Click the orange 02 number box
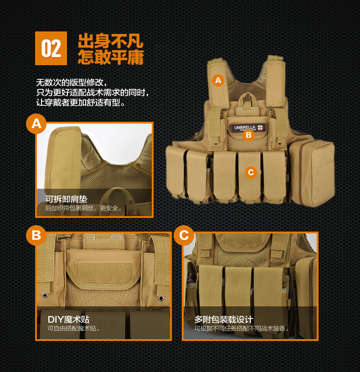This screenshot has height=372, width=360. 51,48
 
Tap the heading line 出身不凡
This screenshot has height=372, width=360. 111,41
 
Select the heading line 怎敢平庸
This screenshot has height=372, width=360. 111,57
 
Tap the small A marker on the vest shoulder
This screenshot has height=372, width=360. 218,80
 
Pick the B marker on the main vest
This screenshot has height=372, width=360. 248,135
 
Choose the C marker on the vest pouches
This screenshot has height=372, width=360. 250,172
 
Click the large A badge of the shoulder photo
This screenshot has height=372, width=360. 36,124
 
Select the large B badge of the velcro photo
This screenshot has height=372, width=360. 36,235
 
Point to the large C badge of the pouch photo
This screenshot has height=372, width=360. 184,235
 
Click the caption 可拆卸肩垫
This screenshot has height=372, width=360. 66,199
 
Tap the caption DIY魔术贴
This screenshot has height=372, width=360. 68,319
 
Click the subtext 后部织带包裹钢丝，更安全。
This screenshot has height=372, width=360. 84,208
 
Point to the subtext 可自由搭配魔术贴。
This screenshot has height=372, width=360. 74,328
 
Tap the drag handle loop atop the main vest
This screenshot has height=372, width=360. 249,98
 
